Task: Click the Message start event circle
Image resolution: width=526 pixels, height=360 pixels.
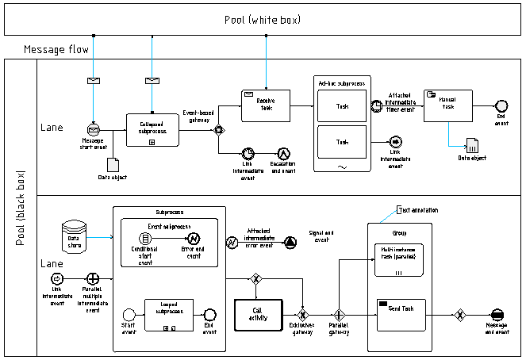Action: coord(94,128)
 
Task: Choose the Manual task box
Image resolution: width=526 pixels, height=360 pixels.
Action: coord(448,105)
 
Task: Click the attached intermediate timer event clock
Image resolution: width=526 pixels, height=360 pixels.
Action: coord(376,105)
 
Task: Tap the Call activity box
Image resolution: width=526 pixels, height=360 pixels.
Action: coord(257,314)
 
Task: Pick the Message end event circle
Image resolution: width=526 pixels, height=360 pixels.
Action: coord(497,314)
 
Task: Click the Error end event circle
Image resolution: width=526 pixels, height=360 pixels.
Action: coord(193,238)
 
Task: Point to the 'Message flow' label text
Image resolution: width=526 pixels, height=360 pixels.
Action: coord(56,50)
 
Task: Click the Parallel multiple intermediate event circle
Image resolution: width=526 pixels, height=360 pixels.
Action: coord(94,278)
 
